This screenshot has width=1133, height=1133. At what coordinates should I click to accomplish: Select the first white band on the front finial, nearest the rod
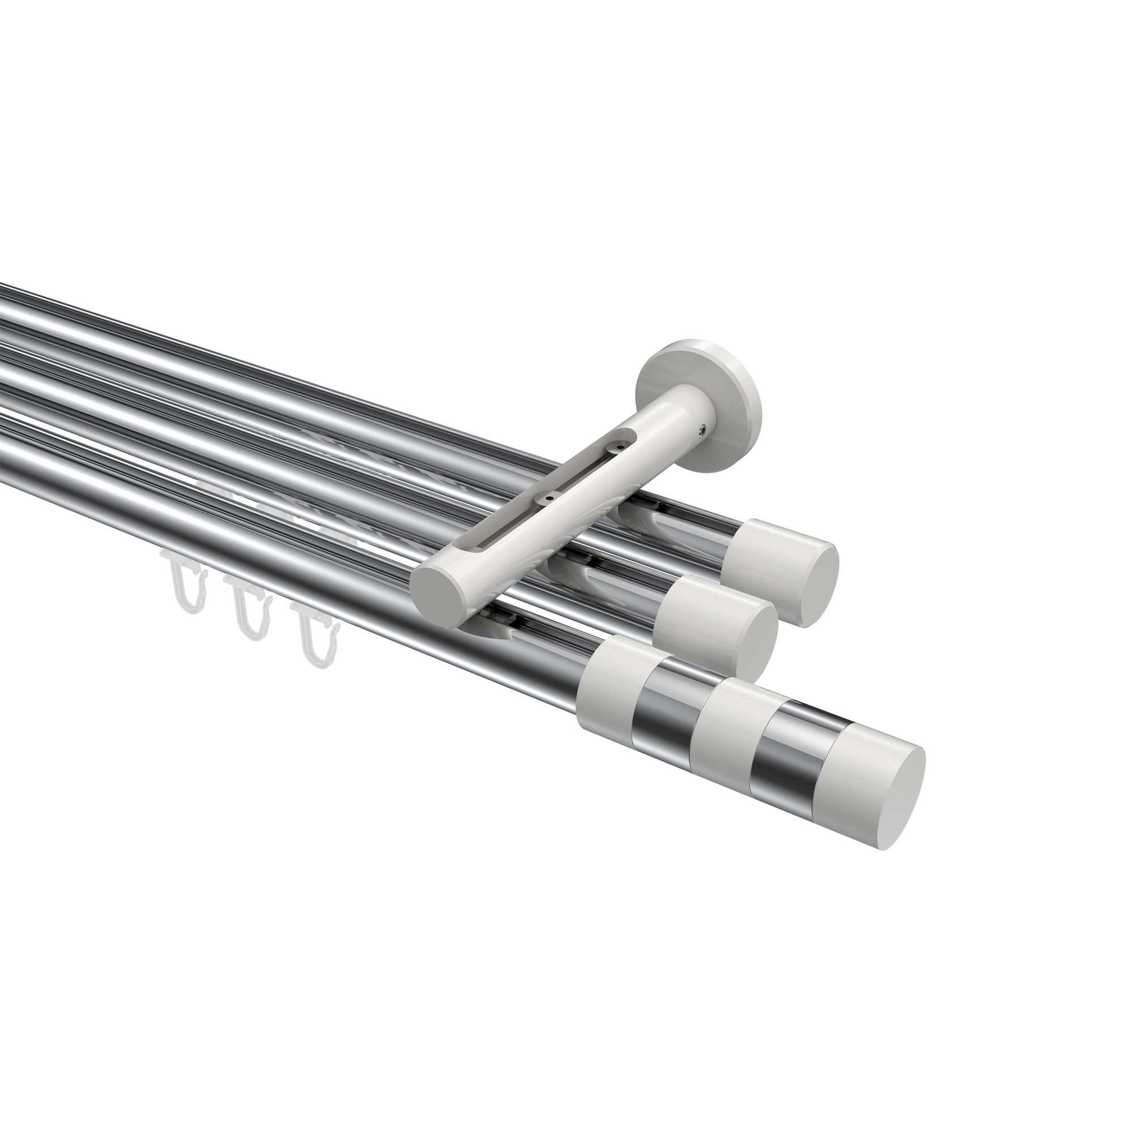click(x=610, y=668)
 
